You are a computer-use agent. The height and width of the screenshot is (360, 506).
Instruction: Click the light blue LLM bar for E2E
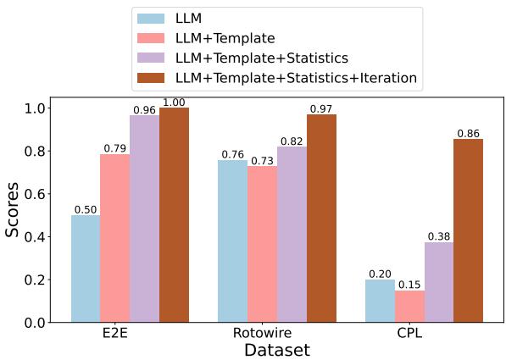tap(85, 269)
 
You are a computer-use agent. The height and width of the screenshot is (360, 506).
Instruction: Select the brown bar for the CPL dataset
tap(469, 230)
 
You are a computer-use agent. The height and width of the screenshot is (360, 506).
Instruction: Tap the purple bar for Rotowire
tap(292, 235)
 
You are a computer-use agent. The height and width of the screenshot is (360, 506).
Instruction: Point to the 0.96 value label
tap(143, 109)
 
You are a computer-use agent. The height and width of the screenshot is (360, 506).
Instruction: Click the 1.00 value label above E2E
tap(174, 102)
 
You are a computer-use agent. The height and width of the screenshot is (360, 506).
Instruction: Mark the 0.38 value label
tap(439, 235)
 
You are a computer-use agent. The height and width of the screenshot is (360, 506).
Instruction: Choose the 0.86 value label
tap(469, 133)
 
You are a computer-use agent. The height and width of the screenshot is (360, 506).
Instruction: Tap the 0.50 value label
tap(85, 209)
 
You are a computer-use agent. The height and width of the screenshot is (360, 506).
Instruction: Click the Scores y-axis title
tap(14, 211)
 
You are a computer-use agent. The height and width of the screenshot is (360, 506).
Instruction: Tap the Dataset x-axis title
tap(276, 350)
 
